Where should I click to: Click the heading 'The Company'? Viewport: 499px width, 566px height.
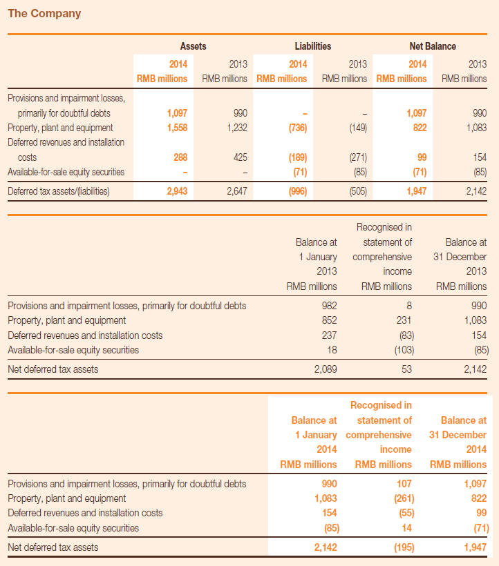click(x=44, y=13)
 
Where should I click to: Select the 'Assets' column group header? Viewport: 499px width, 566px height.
click(x=194, y=46)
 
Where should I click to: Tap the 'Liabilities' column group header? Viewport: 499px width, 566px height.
click(x=313, y=46)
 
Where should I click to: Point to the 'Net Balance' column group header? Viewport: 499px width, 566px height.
click(x=433, y=46)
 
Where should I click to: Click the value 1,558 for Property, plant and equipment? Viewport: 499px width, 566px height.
click(x=177, y=128)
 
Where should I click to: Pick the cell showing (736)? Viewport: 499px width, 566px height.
click(x=298, y=128)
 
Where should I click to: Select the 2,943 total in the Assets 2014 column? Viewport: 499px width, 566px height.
click(x=177, y=191)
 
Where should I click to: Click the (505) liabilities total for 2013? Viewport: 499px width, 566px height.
click(x=358, y=191)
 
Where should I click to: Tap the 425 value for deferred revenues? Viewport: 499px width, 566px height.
click(x=241, y=157)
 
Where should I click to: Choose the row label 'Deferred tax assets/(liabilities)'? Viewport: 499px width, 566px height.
click(x=59, y=191)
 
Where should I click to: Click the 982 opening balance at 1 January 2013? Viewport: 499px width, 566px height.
click(x=329, y=306)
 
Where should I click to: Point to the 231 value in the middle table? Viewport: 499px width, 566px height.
click(x=404, y=320)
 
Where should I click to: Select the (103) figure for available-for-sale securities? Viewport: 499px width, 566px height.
click(x=404, y=350)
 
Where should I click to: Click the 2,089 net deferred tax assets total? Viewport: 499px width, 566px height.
click(x=326, y=369)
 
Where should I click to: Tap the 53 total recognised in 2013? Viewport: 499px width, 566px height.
click(x=407, y=369)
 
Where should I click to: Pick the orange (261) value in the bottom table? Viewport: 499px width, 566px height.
click(x=404, y=498)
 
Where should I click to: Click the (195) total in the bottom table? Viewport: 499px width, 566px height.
click(x=404, y=547)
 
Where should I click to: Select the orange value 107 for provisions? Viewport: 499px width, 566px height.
click(x=404, y=484)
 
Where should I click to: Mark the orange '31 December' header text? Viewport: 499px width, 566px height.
click(x=458, y=435)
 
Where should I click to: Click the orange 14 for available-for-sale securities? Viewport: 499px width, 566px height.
click(x=407, y=528)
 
